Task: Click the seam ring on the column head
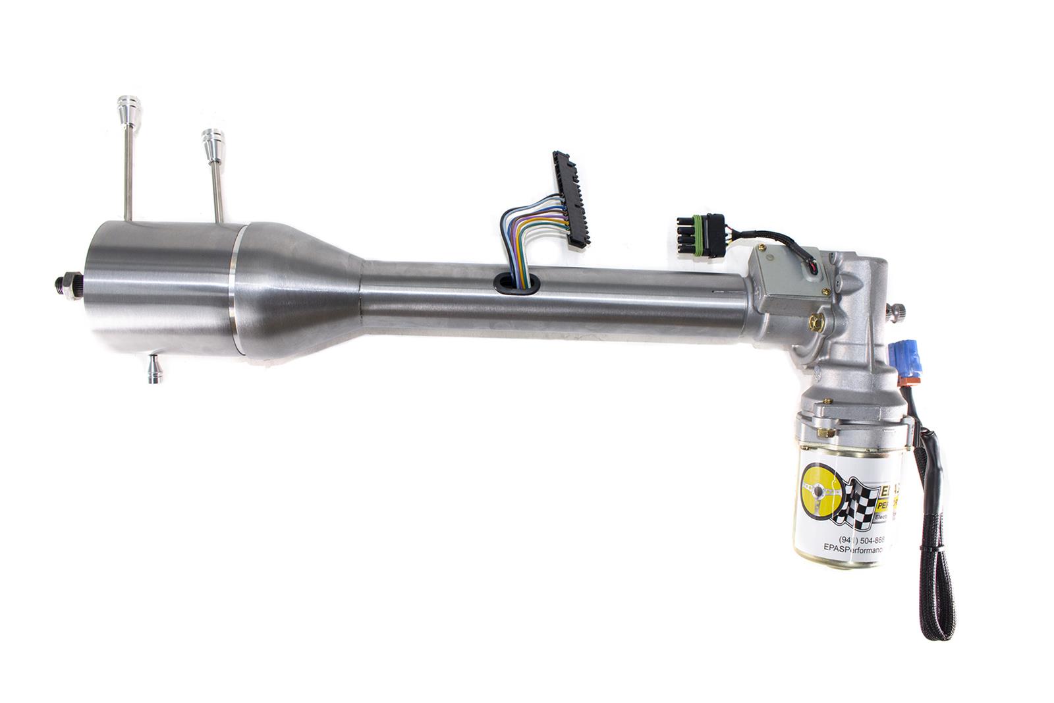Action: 233,291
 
